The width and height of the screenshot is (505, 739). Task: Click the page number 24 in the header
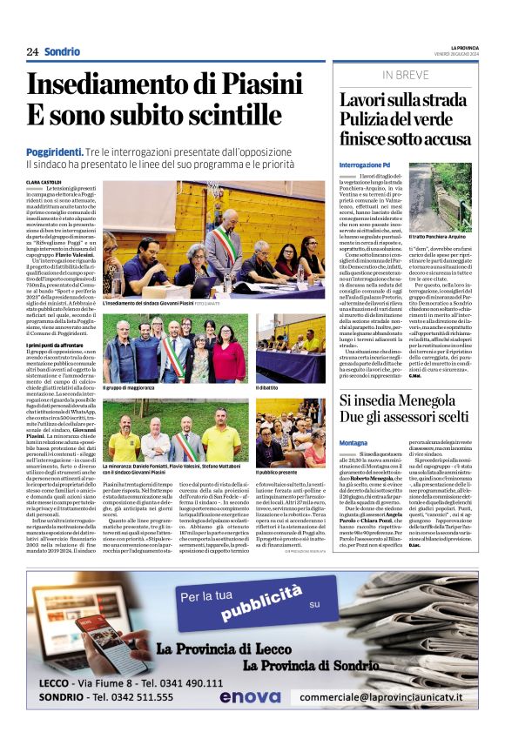pyautogui.click(x=31, y=52)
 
